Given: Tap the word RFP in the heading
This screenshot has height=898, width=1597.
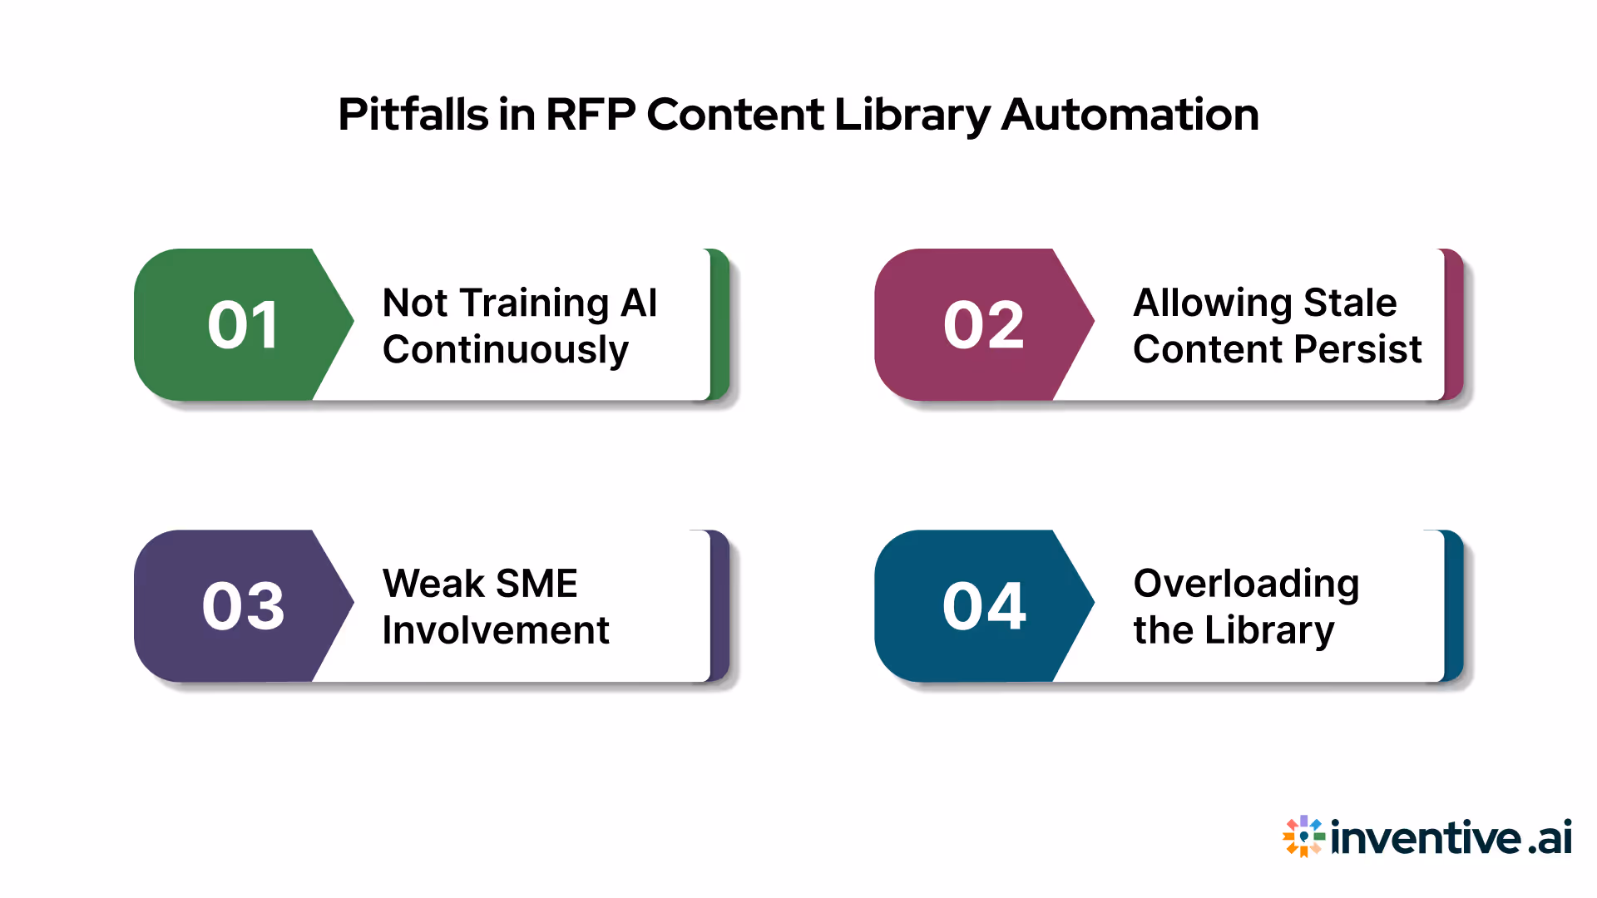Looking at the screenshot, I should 591,115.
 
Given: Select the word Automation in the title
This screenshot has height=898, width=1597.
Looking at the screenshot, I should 1130,115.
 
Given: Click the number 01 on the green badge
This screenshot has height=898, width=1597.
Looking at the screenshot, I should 243,325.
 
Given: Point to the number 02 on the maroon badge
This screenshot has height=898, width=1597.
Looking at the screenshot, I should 983,325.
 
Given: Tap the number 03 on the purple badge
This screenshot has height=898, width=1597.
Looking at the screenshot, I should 243,606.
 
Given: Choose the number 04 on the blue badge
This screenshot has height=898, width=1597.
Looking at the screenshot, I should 983,606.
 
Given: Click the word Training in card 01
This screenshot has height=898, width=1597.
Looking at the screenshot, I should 535,303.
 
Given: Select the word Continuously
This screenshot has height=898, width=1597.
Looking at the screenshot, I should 506,350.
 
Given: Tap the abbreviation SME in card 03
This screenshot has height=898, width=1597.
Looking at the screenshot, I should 536,584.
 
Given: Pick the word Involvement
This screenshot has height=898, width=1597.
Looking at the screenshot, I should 496,630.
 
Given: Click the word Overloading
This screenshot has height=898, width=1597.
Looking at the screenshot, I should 1246,585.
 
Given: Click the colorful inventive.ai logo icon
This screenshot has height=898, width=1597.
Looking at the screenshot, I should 1303,836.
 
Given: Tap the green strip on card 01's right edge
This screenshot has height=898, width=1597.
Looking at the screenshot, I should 720,324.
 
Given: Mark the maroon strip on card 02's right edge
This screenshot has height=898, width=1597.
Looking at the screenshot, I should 1454,324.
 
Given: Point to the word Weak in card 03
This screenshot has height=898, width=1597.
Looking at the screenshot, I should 433,584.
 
